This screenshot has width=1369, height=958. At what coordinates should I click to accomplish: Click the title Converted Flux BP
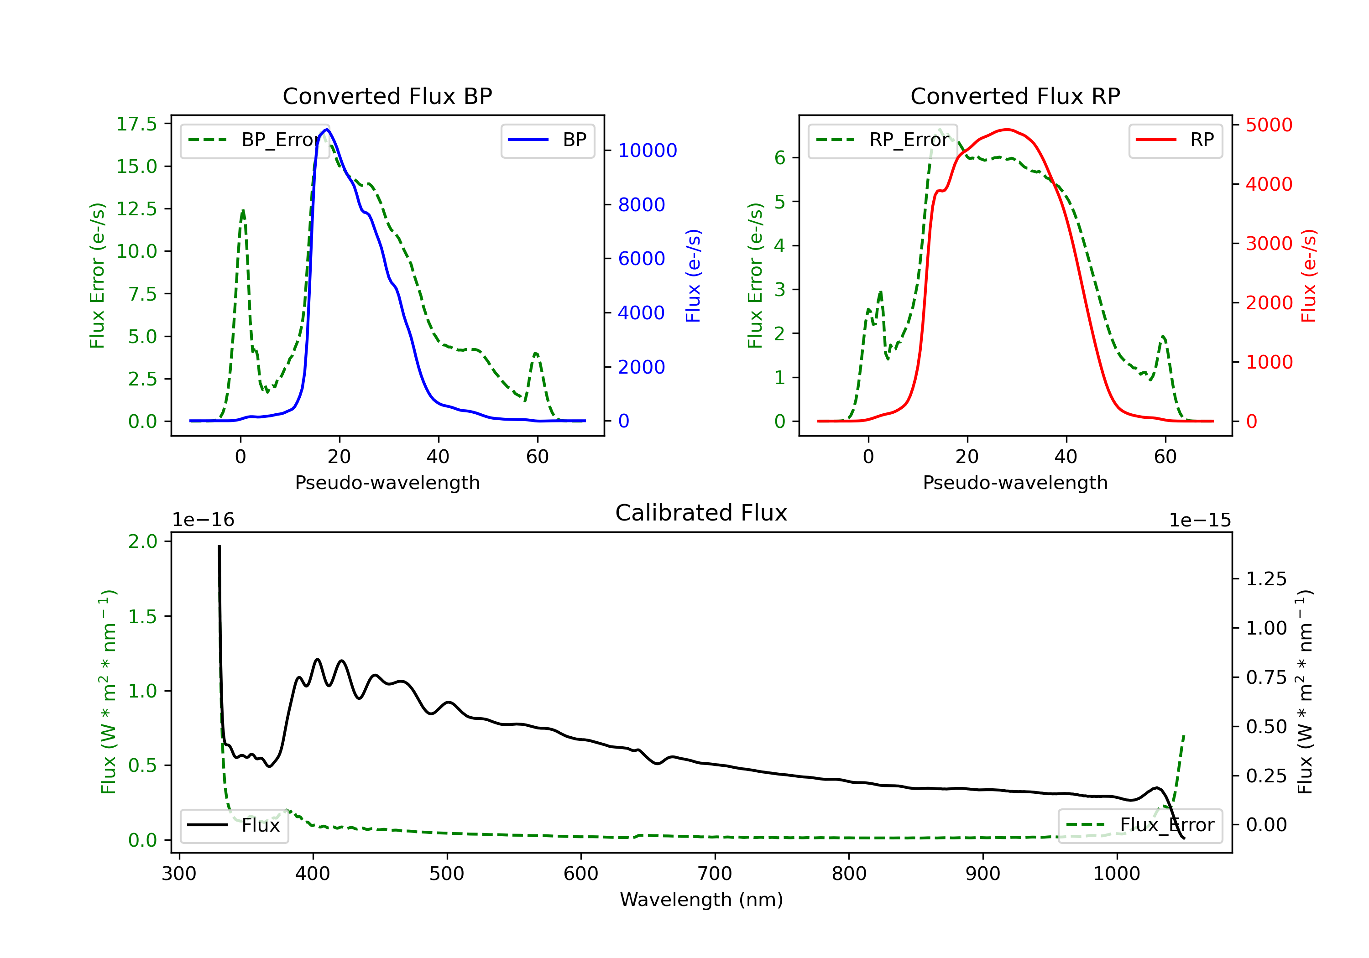click(387, 96)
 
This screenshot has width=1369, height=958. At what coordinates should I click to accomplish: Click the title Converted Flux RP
click(1015, 96)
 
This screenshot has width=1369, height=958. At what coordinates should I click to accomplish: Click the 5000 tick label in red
click(1269, 125)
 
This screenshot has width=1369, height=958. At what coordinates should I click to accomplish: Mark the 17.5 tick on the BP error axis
click(136, 124)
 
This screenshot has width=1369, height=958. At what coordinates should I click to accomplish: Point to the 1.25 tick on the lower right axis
click(1266, 579)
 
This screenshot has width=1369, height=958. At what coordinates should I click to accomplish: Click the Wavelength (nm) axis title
click(701, 900)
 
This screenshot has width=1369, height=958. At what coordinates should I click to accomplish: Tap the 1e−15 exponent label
click(1200, 521)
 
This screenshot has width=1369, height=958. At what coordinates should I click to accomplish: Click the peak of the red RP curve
click(1007, 130)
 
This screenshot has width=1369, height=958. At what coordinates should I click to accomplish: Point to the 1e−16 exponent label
click(204, 521)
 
